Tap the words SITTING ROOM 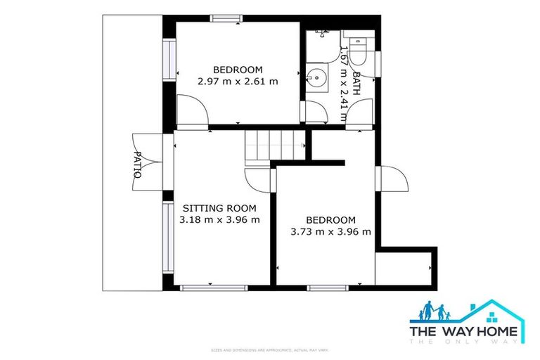[x=219, y=208]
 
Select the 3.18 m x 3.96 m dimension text [x=219, y=219]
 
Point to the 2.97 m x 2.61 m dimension [x=238, y=81]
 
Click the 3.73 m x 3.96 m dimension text [x=330, y=231]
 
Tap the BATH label [x=356, y=83]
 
